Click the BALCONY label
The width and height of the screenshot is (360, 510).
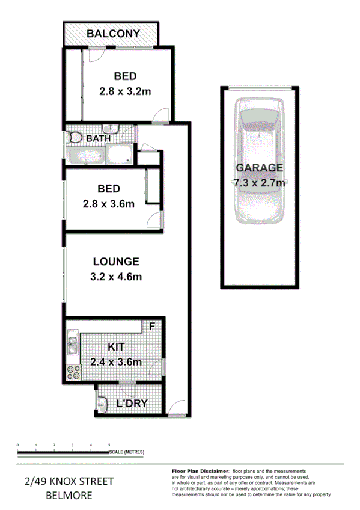pyautogui.click(x=113, y=34)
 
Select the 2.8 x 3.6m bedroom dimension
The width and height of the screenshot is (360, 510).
pyautogui.click(x=108, y=204)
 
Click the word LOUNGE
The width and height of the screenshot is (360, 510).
pyautogui.click(x=116, y=262)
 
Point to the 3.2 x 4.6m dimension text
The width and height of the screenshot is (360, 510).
pyautogui.click(x=116, y=277)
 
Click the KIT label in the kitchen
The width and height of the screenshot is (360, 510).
pyautogui.click(x=116, y=347)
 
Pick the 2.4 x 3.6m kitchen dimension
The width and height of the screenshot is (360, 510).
pyautogui.click(x=116, y=362)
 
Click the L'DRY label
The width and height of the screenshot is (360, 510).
pyautogui.click(x=132, y=404)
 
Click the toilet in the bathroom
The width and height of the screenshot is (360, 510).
pyautogui.click(x=75, y=138)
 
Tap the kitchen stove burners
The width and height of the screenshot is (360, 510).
pyautogui.click(x=74, y=372)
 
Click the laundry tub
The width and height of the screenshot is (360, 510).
pyautogui.click(x=102, y=404)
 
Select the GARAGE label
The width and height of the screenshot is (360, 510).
pyautogui.click(x=259, y=167)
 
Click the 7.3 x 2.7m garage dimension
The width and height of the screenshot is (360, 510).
pyautogui.click(x=259, y=182)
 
